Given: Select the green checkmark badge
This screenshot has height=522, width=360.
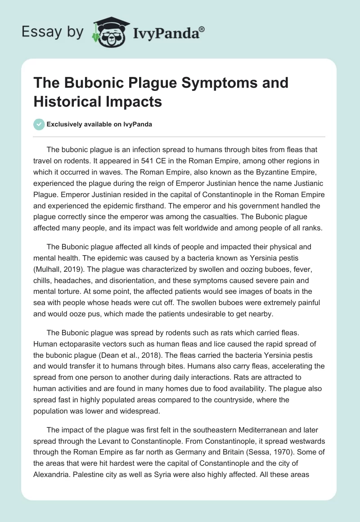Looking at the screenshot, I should (x=39, y=125).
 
